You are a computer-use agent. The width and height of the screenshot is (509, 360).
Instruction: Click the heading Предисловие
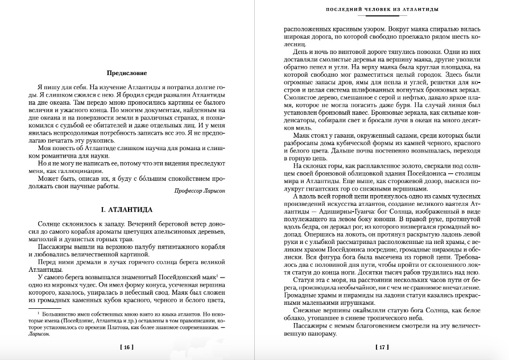tap(127, 73)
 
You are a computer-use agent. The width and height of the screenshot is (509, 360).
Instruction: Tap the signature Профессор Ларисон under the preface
tap(199, 191)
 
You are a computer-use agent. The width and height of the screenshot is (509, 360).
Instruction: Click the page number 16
tap(127, 347)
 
